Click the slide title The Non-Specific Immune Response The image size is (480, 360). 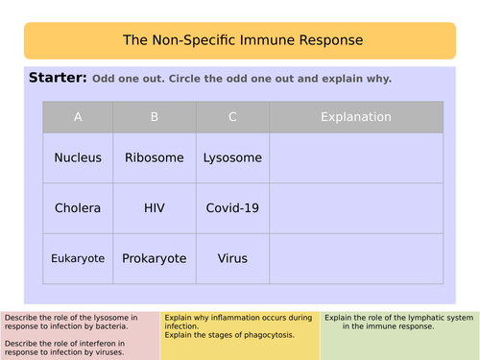(243, 40)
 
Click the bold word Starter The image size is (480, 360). (58, 78)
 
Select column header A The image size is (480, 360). (78, 117)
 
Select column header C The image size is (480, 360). (232, 117)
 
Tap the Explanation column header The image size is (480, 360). (355, 117)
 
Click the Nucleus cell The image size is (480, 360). (78, 157)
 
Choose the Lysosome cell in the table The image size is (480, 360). (232, 157)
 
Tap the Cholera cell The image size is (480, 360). (78, 207)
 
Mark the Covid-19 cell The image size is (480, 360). (232, 207)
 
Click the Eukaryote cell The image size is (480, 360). (78, 258)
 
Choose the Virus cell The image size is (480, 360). (232, 258)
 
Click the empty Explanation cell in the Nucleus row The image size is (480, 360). (355, 157)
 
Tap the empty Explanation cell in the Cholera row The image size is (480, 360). (355, 207)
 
